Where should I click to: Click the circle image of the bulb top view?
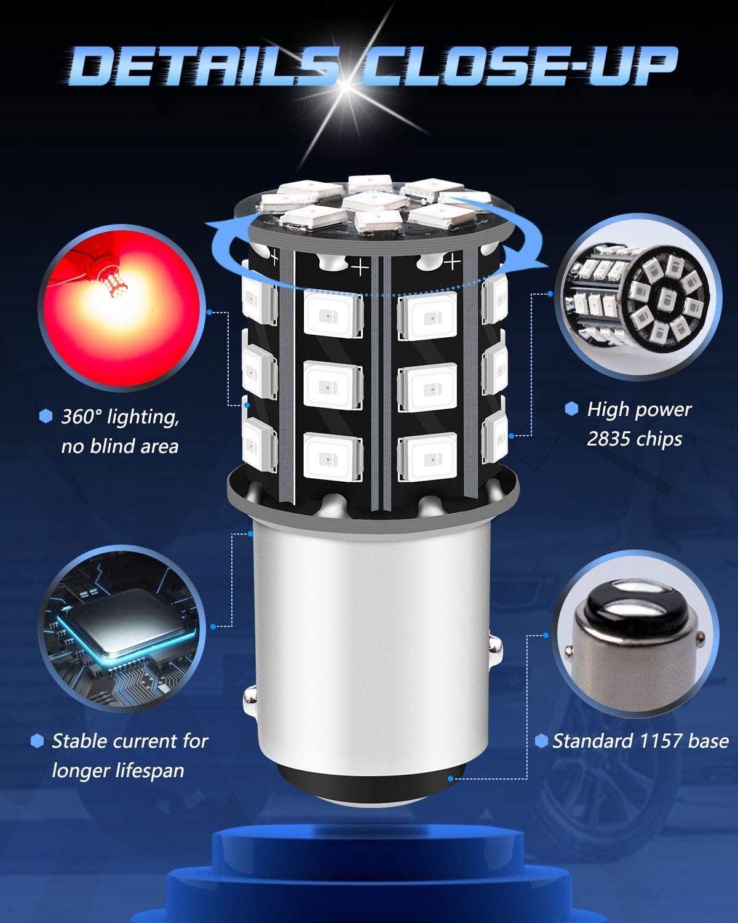[638, 297]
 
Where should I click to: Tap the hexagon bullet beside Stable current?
[38, 741]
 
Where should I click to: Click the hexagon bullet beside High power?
[571, 409]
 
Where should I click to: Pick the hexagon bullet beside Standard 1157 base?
[541, 741]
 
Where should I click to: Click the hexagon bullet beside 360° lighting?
[46, 416]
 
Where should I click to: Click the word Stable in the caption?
[79, 741]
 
